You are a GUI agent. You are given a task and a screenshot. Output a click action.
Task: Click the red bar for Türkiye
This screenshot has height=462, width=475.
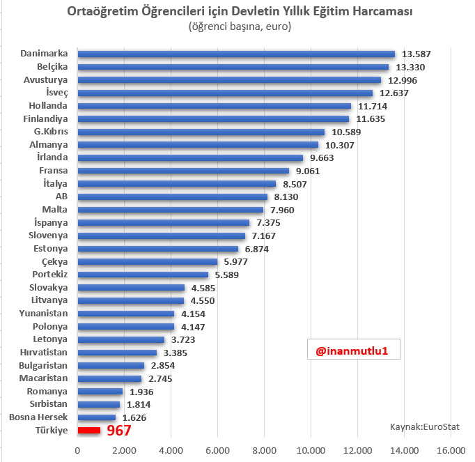click(x=89, y=431)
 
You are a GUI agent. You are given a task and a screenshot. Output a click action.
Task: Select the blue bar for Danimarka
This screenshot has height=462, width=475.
click(x=236, y=54)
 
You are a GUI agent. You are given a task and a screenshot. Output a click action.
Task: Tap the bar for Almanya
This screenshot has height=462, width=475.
click(x=198, y=144)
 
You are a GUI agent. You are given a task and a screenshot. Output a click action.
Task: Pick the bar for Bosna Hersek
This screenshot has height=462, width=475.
click(x=97, y=417)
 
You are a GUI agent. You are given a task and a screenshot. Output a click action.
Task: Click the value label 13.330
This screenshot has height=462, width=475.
click(x=410, y=67)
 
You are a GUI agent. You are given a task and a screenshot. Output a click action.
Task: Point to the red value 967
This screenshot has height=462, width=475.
click(x=119, y=431)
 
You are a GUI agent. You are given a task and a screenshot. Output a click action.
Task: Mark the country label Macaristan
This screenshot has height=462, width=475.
click(x=44, y=378)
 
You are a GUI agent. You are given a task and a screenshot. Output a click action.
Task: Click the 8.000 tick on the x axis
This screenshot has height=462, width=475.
click(x=264, y=450)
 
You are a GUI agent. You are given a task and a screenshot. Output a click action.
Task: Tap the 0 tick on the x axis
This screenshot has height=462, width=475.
click(x=77, y=450)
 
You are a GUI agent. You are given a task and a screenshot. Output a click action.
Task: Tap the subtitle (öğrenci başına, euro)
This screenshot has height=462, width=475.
click(x=239, y=27)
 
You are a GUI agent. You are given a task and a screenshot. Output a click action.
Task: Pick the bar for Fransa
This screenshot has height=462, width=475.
click(x=183, y=171)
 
